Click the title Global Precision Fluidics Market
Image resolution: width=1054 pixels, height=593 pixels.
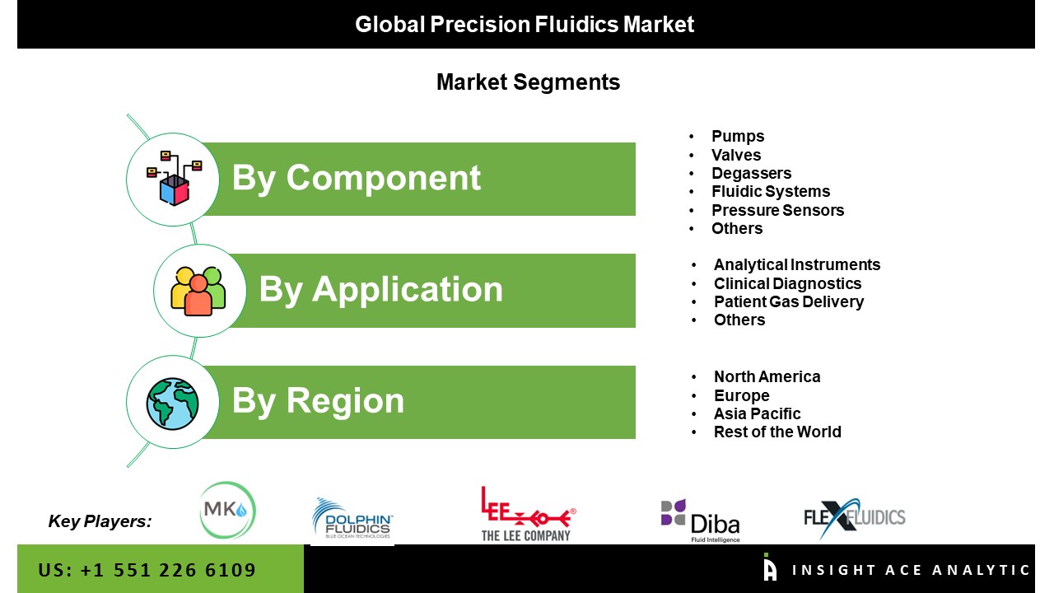pyautogui.click(x=525, y=25)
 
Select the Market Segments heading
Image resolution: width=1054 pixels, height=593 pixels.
pyautogui.click(x=528, y=82)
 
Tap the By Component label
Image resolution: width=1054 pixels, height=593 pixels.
pyautogui.click(x=356, y=178)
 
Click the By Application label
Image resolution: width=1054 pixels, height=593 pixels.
pyautogui.click(x=380, y=289)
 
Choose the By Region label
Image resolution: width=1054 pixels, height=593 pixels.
pyautogui.click(x=318, y=401)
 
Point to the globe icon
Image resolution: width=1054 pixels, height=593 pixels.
pyautogui.click(x=172, y=403)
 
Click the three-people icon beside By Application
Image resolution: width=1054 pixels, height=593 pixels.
pyautogui.click(x=198, y=291)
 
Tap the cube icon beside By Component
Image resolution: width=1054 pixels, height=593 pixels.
pyautogui.click(x=173, y=179)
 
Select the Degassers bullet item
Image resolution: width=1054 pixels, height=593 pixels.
pyautogui.click(x=751, y=173)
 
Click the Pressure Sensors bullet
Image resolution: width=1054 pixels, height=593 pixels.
pyautogui.click(x=777, y=210)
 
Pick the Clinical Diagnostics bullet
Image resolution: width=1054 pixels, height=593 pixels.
pyautogui.click(x=787, y=283)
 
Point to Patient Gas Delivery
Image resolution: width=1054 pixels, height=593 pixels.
pyautogui.click(x=788, y=301)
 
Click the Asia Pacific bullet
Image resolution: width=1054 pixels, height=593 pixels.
pyautogui.click(x=757, y=413)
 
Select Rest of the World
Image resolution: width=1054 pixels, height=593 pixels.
pyautogui.click(x=777, y=432)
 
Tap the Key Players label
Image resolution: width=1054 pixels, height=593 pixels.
pyautogui.click(x=100, y=521)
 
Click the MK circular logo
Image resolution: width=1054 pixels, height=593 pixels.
pyautogui.click(x=226, y=511)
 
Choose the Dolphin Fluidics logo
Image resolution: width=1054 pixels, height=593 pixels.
pyautogui.click(x=352, y=520)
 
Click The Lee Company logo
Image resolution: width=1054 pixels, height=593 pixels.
pyautogui.click(x=527, y=514)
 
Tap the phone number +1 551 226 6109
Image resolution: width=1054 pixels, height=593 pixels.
pyautogui.click(x=147, y=570)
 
